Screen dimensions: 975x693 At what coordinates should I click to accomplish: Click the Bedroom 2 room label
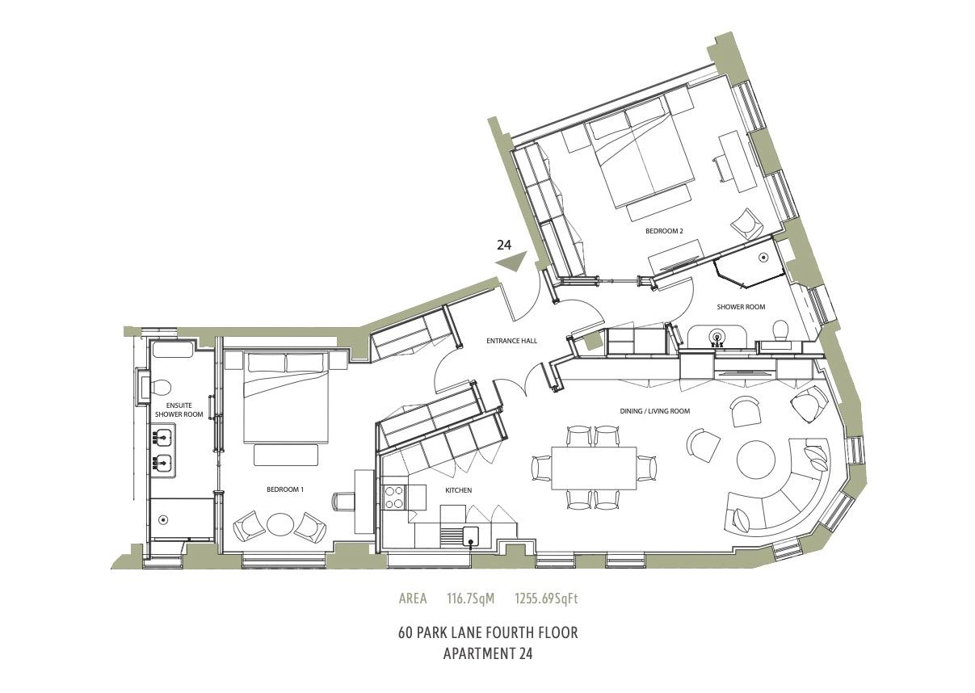pyautogui.click(x=664, y=231)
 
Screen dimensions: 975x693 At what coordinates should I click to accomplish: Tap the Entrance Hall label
pyautogui.click(x=511, y=341)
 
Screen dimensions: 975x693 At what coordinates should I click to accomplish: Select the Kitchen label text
pyautogui.click(x=458, y=490)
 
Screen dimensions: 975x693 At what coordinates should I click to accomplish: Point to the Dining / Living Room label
pyautogui.click(x=655, y=411)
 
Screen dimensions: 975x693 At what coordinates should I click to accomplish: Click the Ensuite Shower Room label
pyautogui.click(x=179, y=410)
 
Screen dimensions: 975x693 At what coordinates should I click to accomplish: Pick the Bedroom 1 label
pyautogui.click(x=285, y=489)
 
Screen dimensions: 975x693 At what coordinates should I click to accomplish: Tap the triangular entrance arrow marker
pyautogui.click(x=511, y=262)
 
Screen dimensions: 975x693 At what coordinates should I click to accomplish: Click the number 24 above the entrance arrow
pyautogui.click(x=504, y=245)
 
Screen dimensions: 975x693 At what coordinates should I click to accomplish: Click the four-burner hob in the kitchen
pyautogui.click(x=394, y=497)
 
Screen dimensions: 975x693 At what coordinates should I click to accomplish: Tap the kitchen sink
pyautogui.click(x=470, y=535)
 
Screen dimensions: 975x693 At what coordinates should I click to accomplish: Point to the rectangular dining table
pyautogui.click(x=594, y=468)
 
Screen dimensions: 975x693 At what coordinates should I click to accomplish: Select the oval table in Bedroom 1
pyautogui.click(x=279, y=525)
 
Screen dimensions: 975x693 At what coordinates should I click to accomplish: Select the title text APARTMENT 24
pyautogui.click(x=488, y=666)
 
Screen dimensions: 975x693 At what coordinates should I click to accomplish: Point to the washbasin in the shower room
pyautogui.click(x=717, y=336)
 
